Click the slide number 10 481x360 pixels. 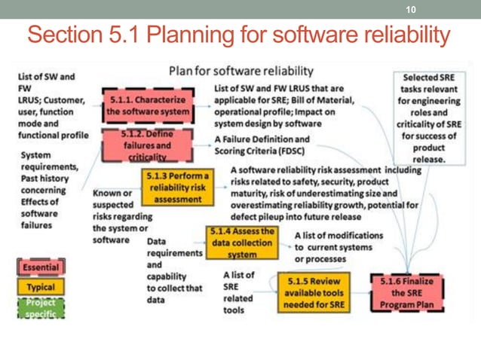point(412,9)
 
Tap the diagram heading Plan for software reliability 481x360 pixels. point(240,72)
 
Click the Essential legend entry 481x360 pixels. point(41,267)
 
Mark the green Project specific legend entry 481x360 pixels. point(41,308)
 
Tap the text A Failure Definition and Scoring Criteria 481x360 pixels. point(261,145)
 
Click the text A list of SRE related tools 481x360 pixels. point(240,293)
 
